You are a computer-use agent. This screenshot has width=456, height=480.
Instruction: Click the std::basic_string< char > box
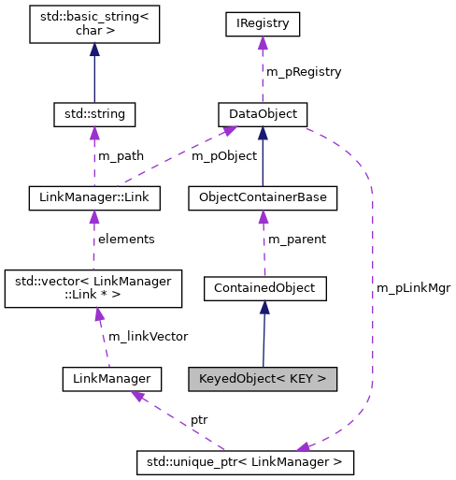click(93, 23)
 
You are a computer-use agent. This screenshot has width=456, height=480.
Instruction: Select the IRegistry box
click(262, 23)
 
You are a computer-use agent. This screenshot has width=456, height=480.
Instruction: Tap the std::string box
click(94, 115)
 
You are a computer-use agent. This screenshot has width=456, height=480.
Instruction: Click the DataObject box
click(262, 115)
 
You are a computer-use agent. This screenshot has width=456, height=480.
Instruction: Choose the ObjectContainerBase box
click(263, 198)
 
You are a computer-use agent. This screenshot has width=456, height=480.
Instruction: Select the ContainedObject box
click(264, 288)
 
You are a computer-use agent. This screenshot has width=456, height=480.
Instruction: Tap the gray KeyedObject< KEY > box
click(262, 379)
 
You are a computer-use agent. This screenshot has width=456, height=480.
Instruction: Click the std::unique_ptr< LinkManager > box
click(245, 461)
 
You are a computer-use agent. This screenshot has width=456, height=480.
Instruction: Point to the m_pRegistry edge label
click(303, 71)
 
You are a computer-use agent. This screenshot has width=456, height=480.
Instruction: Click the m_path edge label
click(121, 155)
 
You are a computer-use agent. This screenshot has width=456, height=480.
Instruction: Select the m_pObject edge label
click(223, 155)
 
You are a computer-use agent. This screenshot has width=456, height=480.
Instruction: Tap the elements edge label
click(126, 239)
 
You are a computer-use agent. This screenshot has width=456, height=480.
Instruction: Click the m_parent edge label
click(297, 239)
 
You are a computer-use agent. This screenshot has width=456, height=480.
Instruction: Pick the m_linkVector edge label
click(148, 335)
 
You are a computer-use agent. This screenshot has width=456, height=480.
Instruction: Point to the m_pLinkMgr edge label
click(413, 287)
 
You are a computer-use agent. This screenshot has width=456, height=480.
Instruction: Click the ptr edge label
click(199, 419)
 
